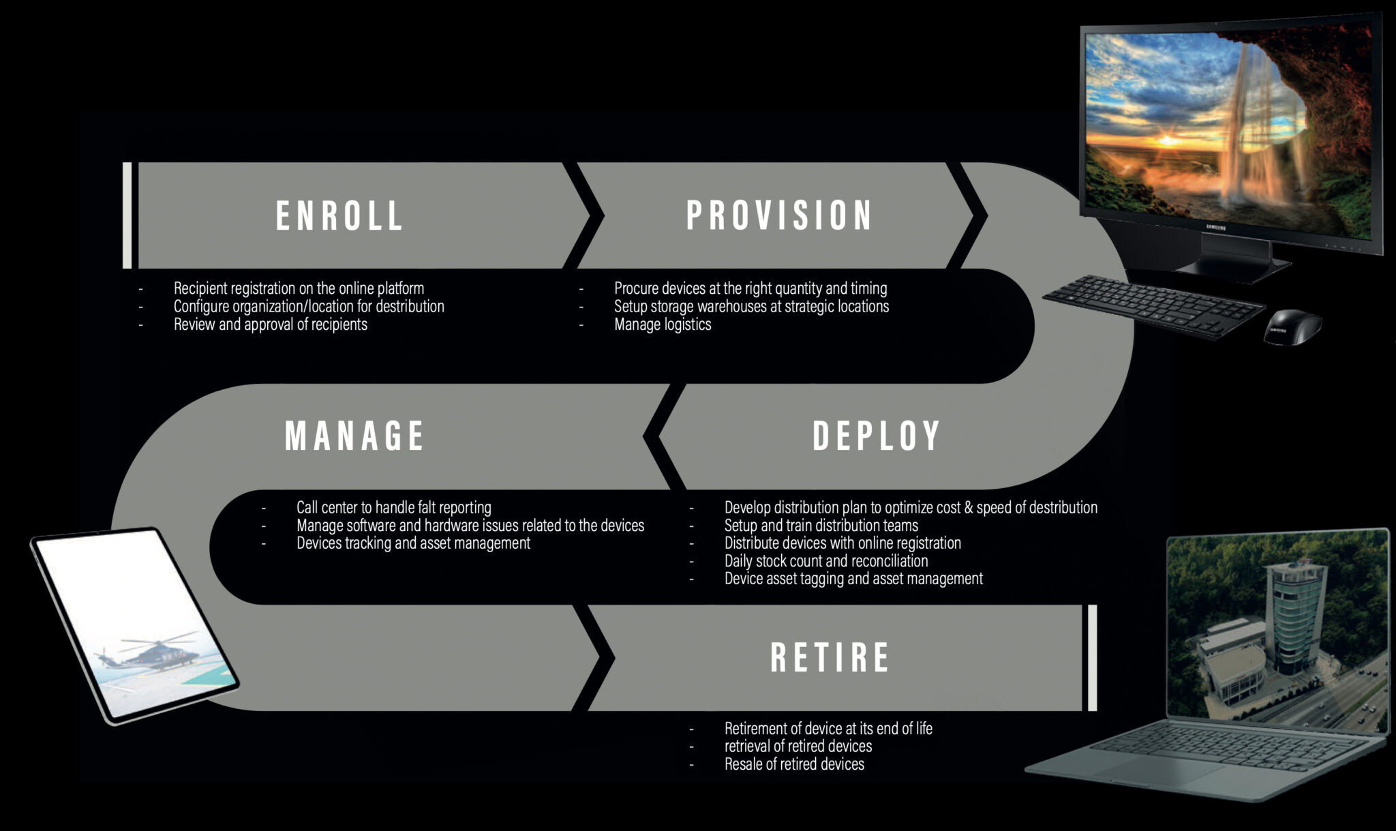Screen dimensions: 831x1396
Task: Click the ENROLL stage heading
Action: point(339,215)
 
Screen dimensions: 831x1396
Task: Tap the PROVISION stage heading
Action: point(779,215)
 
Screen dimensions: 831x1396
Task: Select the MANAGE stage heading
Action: point(354,436)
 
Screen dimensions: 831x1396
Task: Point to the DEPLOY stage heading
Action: point(877,436)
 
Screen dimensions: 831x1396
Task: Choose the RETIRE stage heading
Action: point(830,657)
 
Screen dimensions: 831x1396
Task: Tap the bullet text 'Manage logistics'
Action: point(663,324)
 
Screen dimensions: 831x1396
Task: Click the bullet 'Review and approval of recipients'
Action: point(270,324)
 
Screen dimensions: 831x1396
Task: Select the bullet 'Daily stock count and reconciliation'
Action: point(826,561)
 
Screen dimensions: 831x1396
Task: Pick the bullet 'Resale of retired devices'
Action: point(794,764)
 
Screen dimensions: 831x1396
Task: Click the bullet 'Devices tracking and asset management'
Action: point(413,543)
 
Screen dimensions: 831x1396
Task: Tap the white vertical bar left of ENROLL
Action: point(127,215)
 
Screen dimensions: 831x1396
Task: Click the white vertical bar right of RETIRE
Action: point(1092,657)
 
